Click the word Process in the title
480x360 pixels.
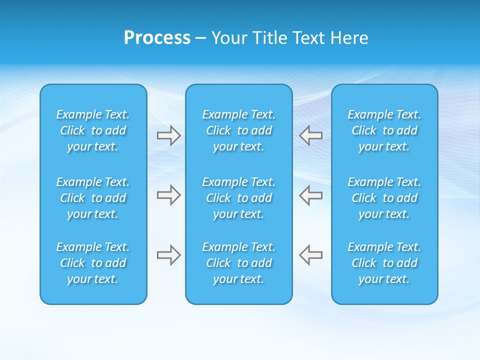[157, 38]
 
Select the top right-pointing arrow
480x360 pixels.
[169, 135]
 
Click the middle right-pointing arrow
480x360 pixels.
[169, 195]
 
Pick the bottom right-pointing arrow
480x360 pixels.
[169, 255]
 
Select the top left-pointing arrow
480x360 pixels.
[310, 135]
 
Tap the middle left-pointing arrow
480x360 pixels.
[310, 195]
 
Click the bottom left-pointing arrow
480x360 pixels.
[310, 255]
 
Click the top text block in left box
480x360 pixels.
[93, 130]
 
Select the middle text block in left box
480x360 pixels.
[93, 198]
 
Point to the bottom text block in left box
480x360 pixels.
[93, 263]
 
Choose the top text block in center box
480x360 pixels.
[239, 130]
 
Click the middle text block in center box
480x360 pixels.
[239, 198]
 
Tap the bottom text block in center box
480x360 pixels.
[239, 263]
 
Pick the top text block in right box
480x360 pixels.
[384, 130]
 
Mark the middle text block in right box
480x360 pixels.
[384, 198]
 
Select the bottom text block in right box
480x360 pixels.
[384, 263]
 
